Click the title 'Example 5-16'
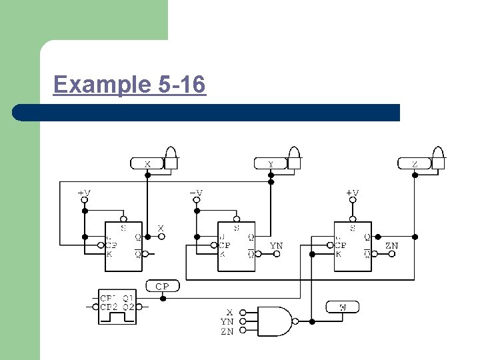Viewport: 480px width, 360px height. tap(129, 85)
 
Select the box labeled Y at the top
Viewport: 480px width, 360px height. tap(270, 163)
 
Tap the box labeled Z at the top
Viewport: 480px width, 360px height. tap(414, 163)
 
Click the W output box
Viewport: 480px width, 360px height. tap(342, 307)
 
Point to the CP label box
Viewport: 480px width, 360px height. tap(162, 286)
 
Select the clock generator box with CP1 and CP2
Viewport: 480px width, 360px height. tap(117, 308)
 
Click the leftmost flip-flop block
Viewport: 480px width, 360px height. tap(123, 246)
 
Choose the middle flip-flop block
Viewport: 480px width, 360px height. tap(236, 246)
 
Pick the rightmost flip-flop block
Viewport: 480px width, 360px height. tap(352, 246)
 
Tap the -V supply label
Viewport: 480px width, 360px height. tap(196, 193)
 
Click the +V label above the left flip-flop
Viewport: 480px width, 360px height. tap(84, 193)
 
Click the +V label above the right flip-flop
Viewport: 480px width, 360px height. tap(352, 193)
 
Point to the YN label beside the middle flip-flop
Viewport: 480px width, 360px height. tap(276, 246)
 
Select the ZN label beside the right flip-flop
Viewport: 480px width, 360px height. tap(392, 246)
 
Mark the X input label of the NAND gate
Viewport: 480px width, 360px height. tap(229, 312)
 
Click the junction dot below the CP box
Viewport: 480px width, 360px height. tap(162, 297)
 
